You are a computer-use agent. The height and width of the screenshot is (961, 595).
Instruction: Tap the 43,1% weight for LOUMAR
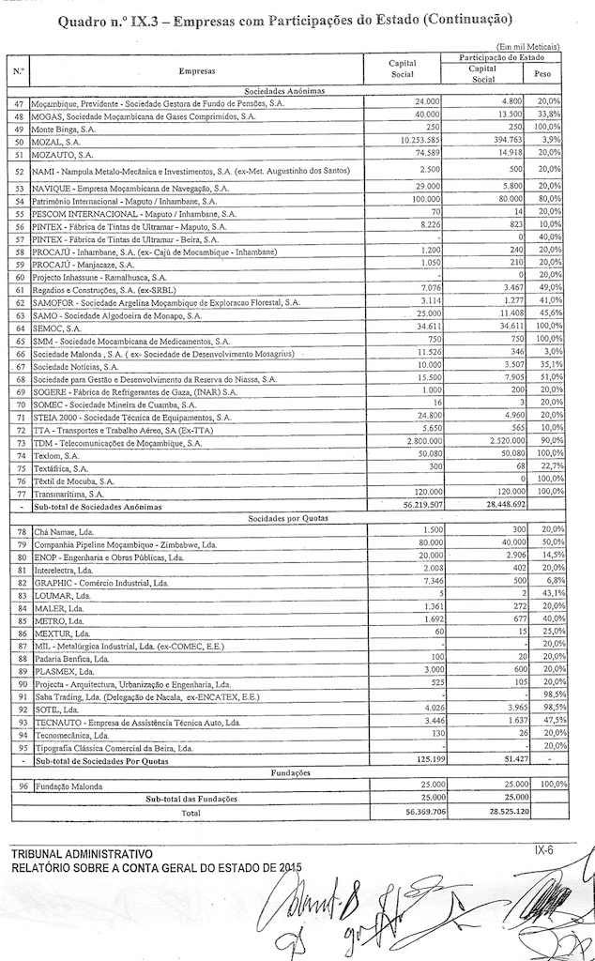click(x=547, y=595)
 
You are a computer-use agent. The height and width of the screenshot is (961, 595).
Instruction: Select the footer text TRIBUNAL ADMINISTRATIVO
click(x=81, y=854)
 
